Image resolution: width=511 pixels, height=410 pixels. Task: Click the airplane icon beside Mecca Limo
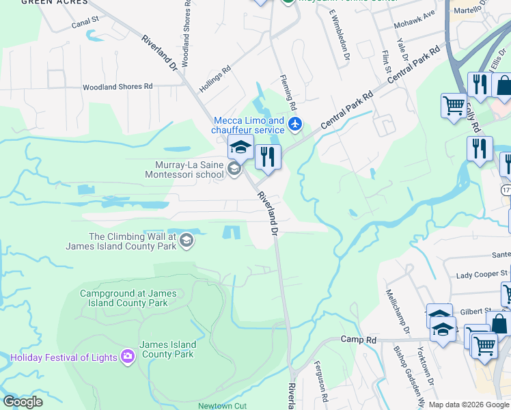coord(295,124)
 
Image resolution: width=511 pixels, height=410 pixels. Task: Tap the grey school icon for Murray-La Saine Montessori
coord(234,169)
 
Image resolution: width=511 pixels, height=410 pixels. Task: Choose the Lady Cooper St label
coord(482,275)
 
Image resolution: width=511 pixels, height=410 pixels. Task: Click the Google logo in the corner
coord(23,401)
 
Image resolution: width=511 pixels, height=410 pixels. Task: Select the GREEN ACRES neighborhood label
coord(46,3)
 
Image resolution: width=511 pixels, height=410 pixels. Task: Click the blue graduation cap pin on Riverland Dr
coord(240,148)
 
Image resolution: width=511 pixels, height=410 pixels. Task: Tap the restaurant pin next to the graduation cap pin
coord(268,157)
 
